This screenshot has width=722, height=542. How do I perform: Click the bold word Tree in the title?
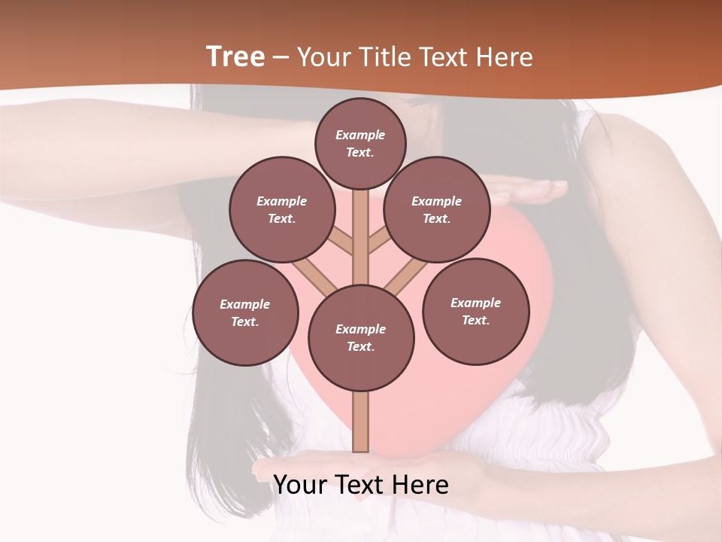(x=235, y=57)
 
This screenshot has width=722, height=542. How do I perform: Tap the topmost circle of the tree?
(x=360, y=143)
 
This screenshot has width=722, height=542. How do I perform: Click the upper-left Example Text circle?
(x=281, y=209)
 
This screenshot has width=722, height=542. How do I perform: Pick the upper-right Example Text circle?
(x=436, y=209)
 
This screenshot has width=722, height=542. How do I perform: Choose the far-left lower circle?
(x=244, y=312)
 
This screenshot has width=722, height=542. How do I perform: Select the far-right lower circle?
(x=475, y=311)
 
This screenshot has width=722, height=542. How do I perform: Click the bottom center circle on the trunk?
(x=360, y=337)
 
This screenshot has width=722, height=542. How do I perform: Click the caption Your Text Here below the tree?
(x=360, y=484)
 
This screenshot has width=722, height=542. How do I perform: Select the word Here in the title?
(x=506, y=57)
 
